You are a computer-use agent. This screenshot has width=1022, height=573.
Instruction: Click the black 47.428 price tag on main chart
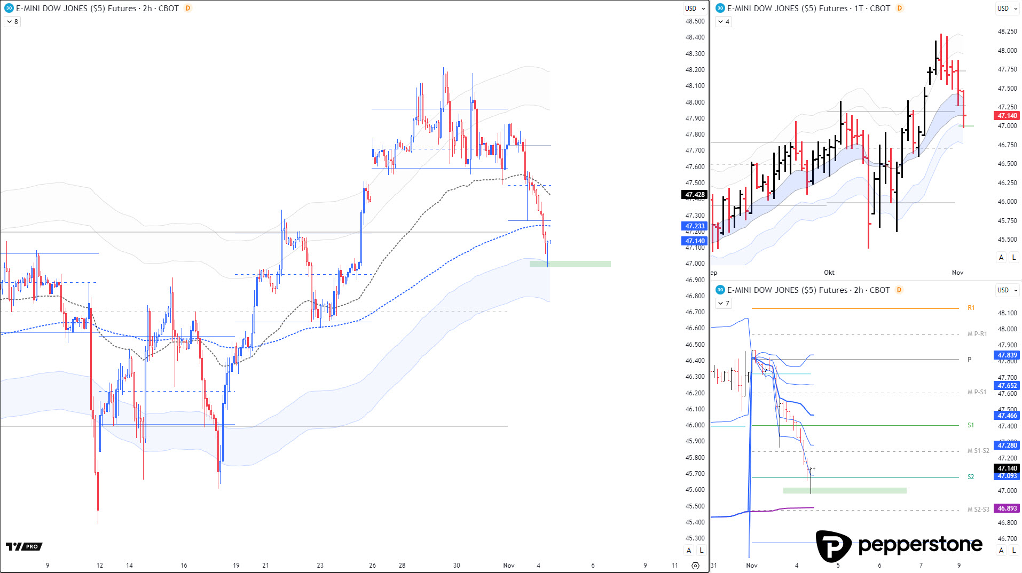(x=695, y=195)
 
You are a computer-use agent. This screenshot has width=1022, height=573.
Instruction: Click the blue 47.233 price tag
(x=695, y=226)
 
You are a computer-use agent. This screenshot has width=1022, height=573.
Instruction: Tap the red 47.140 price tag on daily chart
(x=1007, y=116)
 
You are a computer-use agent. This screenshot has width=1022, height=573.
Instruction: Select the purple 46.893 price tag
(x=1007, y=508)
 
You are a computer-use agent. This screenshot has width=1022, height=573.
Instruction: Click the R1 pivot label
(x=971, y=308)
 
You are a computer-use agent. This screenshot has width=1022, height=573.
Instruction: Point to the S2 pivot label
(x=971, y=477)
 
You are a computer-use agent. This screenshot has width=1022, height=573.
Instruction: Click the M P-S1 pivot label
(x=977, y=392)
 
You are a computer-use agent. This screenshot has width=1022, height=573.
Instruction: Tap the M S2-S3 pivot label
(x=978, y=510)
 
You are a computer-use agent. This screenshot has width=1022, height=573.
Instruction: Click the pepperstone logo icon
(x=834, y=546)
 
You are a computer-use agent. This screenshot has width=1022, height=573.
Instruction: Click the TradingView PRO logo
(x=24, y=546)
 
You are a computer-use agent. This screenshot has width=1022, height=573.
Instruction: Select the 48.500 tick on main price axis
(x=695, y=21)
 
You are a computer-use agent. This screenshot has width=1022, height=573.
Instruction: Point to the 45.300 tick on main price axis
(x=695, y=538)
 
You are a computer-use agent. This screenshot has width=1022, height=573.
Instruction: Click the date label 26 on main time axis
(x=372, y=566)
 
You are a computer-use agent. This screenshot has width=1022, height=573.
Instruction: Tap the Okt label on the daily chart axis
(x=829, y=273)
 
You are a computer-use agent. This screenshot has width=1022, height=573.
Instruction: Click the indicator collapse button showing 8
(x=12, y=22)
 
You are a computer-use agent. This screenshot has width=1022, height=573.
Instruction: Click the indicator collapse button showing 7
(x=724, y=304)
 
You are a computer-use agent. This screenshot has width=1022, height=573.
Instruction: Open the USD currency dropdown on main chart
(x=695, y=9)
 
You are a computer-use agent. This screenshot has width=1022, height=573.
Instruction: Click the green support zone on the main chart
(x=570, y=264)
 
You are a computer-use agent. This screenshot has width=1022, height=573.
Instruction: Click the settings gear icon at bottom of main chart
(x=695, y=566)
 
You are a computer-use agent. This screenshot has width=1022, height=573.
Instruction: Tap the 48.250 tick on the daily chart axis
(x=1007, y=31)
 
